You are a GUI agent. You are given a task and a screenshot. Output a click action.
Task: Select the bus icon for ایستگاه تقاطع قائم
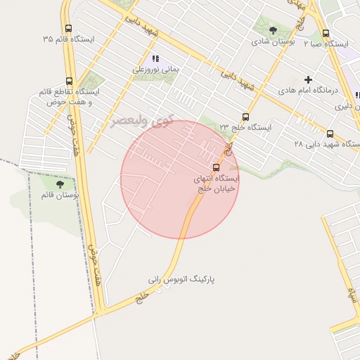(68, 81)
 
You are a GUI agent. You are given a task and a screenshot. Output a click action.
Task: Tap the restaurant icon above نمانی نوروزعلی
(155, 59)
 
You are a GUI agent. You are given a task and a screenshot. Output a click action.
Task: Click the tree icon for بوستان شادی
(273, 30)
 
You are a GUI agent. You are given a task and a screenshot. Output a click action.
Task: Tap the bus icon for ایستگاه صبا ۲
(325, 33)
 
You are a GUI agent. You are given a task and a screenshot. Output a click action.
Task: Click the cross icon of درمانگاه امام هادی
(308, 79)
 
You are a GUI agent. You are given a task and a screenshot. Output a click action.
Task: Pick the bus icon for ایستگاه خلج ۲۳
(245, 117)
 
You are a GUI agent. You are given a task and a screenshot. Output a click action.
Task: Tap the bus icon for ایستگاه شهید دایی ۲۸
(330, 133)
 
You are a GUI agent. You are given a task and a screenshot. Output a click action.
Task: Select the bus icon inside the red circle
(216, 167)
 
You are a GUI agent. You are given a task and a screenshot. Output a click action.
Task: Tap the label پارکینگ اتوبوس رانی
(181, 279)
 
